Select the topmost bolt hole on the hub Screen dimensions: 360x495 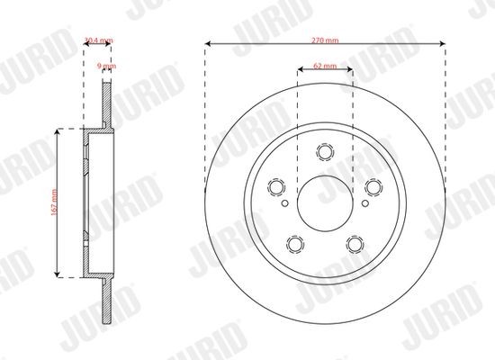click(x=325, y=154)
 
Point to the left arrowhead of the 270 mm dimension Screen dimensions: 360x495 click(x=208, y=41)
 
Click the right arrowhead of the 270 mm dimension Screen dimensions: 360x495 click(x=443, y=41)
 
